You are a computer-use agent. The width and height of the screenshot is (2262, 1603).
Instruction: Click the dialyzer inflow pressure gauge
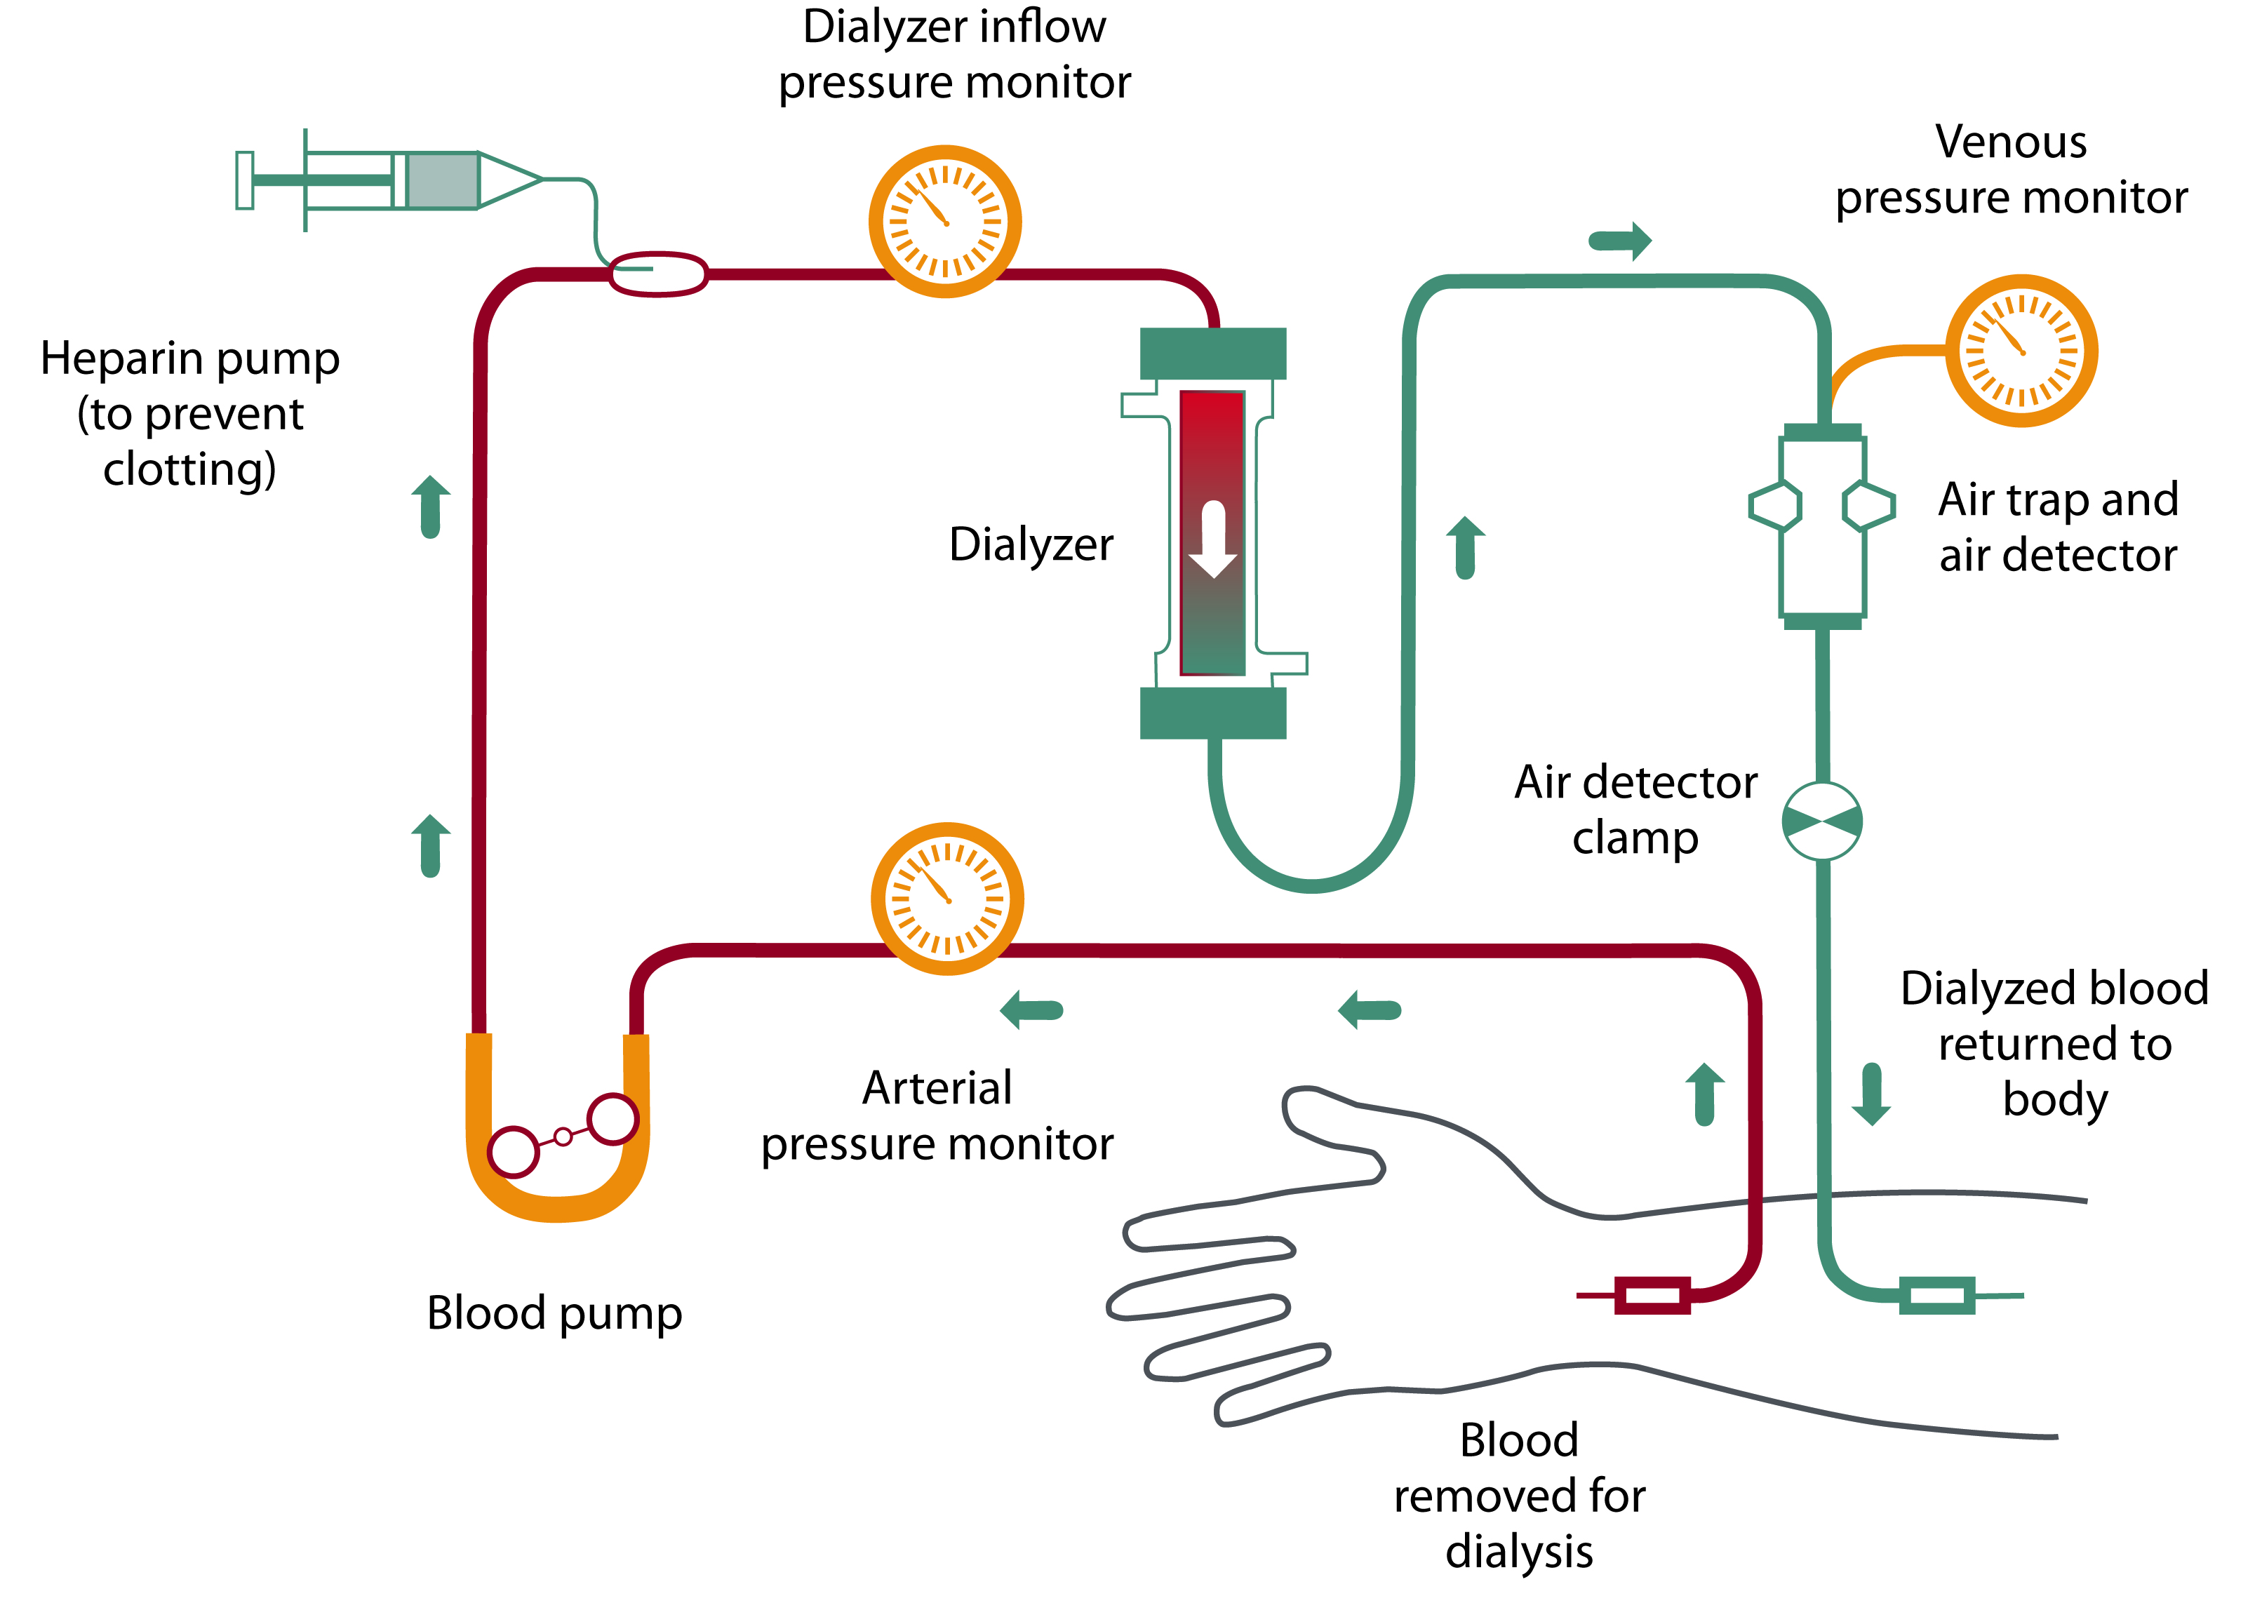pyautogui.click(x=944, y=221)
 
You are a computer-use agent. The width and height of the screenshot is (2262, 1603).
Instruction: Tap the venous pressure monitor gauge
pyautogui.click(x=2020, y=350)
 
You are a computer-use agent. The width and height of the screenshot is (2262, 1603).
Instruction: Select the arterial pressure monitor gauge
pyautogui.click(x=946, y=898)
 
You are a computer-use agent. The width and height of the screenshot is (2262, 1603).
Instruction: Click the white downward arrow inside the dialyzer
pyautogui.click(x=1213, y=539)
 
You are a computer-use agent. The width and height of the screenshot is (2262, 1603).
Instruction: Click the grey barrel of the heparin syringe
pyautogui.click(x=442, y=180)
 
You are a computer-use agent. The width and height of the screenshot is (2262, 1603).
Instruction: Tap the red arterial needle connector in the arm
pyautogui.click(x=1652, y=1295)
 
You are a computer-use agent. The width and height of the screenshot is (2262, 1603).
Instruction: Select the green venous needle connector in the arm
pyautogui.click(x=1936, y=1295)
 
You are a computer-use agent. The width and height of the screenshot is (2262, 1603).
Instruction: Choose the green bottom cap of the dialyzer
pyautogui.click(x=1213, y=713)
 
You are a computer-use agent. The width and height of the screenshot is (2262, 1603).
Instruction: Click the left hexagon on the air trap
pyautogui.click(x=1774, y=505)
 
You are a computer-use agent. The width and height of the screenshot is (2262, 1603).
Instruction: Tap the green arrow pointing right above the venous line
pyautogui.click(x=1619, y=240)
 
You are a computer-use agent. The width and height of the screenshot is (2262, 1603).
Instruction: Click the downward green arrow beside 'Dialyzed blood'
pyautogui.click(x=1871, y=1094)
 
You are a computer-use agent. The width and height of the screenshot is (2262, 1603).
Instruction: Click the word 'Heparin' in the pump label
pyautogui.click(x=122, y=358)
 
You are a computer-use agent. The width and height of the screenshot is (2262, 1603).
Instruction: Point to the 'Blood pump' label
pyautogui.click(x=554, y=1313)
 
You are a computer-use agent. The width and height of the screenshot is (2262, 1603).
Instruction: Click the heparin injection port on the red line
pyautogui.click(x=657, y=274)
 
